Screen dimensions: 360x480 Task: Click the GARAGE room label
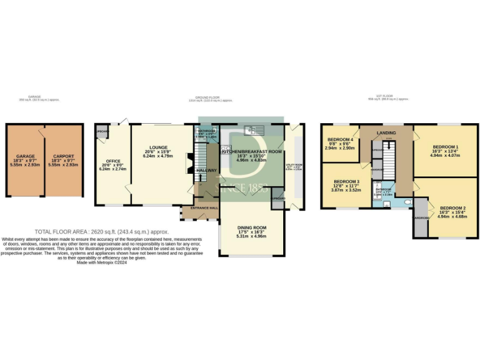26,156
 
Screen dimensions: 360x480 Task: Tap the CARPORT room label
64,156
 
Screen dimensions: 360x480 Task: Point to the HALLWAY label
206,169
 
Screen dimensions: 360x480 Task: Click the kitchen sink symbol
255,130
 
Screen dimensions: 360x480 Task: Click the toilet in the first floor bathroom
406,202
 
